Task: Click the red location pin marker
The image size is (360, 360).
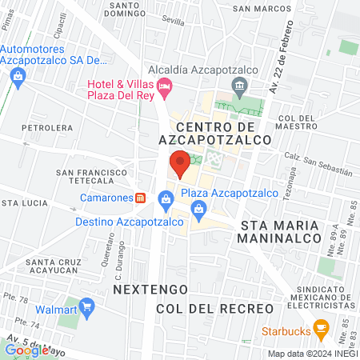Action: click(x=181, y=164)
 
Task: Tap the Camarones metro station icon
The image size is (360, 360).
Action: click(x=140, y=198)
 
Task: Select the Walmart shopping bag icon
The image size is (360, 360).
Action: click(x=87, y=306)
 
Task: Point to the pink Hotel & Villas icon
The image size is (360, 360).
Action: click(x=165, y=85)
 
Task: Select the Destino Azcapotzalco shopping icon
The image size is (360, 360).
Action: click(x=166, y=197)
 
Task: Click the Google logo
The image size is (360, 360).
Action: click(x=26, y=350)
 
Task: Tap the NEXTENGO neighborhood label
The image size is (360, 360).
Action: click(x=150, y=287)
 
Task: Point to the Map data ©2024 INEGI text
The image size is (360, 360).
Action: click(x=310, y=354)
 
